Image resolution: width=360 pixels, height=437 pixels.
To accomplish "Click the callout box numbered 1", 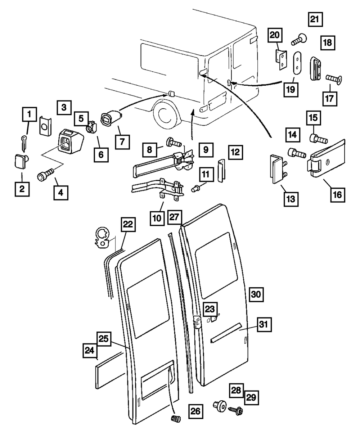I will pyautogui.click(x=30, y=115).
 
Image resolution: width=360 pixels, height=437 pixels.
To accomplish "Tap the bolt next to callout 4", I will pyautogui.click(x=45, y=175).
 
